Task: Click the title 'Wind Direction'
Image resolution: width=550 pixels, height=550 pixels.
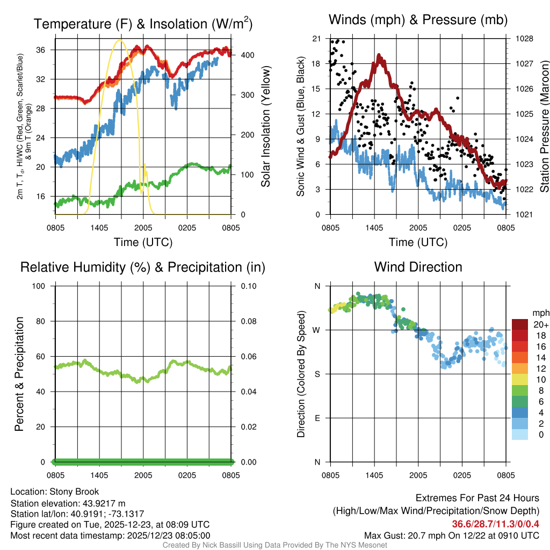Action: pyautogui.click(x=418, y=267)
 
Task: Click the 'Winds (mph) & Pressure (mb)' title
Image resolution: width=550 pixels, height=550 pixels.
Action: pyautogui.click(x=418, y=20)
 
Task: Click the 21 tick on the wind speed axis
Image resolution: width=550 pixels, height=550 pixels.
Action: pyautogui.click(x=316, y=39)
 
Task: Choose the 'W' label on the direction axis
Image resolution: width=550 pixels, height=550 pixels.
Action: pyautogui.click(x=317, y=330)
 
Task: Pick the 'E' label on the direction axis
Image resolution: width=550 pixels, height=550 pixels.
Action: pyautogui.click(x=317, y=418)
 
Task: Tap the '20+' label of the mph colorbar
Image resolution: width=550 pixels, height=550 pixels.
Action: pyautogui.click(x=540, y=325)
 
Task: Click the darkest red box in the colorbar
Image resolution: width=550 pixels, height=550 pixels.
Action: pyautogui.click(x=520, y=324)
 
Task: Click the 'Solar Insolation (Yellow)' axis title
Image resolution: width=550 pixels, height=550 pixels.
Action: pyautogui.click(x=266, y=127)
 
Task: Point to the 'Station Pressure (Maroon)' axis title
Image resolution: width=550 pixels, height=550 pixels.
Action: pyautogui.click(x=544, y=127)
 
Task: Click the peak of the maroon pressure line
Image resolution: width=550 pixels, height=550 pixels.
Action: pyautogui.click(x=379, y=56)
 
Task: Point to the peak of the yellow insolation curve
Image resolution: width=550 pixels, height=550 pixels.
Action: pyautogui.click(x=119, y=40)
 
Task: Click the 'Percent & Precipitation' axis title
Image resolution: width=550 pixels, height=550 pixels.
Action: pyautogui.click(x=19, y=374)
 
